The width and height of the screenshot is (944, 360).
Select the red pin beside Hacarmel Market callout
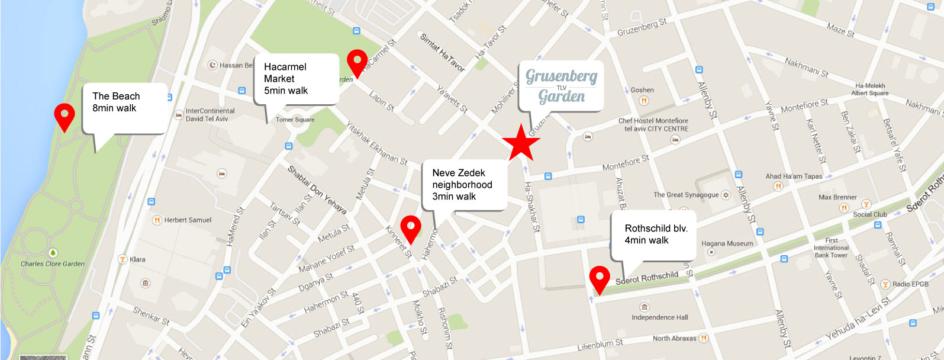click(x=356, y=62)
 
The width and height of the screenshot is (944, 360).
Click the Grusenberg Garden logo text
click(x=561, y=86)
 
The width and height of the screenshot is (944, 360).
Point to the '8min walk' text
click(x=114, y=108)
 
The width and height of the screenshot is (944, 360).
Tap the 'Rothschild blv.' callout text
click(x=656, y=229)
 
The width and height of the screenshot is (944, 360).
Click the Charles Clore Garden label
click(x=53, y=264)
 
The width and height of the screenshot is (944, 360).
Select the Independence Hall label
click(x=659, y=317)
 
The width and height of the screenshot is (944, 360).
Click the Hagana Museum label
click(x=727, y=244)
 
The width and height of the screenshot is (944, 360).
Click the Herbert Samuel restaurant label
click(x=187, y=220)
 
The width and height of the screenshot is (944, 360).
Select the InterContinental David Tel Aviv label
click(x=210, y=115)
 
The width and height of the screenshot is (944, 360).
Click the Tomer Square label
click(x=295, y=120)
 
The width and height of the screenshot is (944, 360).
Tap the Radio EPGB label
click(x=910, y=284)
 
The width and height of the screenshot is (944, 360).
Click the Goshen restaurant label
click(x=642, y=90)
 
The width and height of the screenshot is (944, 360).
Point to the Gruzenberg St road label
click(x=642, y=27)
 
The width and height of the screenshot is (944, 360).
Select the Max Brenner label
click(x=837, y=197)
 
